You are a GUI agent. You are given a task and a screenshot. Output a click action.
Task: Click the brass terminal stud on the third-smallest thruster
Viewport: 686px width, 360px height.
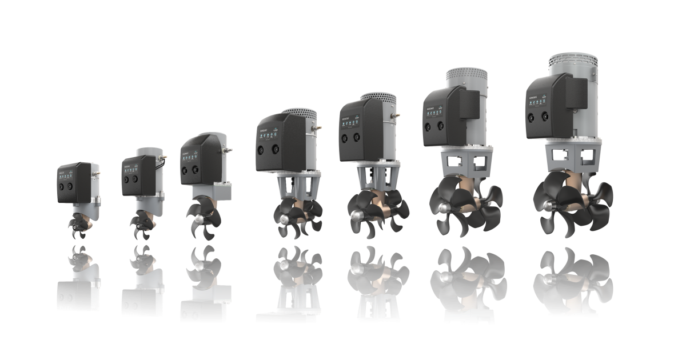229,150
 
